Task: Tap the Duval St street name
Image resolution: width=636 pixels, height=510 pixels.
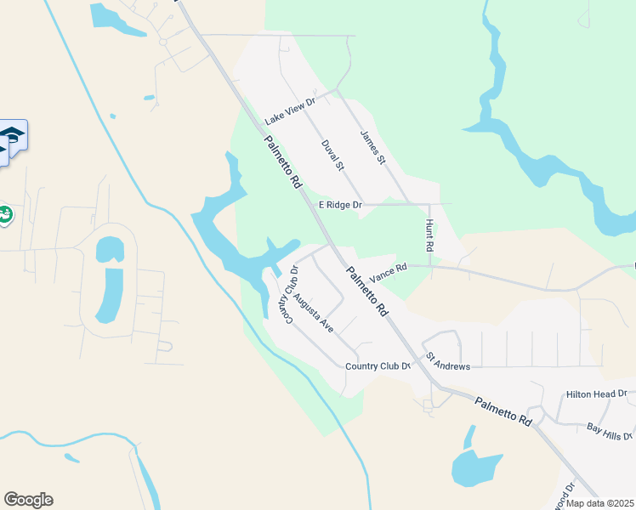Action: point(331,156)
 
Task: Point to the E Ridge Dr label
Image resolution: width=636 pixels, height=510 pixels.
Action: point(340,205)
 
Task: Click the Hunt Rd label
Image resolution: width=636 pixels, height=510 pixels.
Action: point(429,235)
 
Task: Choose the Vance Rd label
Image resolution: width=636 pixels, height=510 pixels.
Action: point(388,269)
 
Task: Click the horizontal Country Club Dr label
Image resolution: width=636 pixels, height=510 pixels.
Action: point(378,366)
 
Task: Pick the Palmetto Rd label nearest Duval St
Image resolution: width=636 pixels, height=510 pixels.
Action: point(283,162)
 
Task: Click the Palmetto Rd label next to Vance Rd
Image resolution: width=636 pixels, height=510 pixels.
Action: point(366,291)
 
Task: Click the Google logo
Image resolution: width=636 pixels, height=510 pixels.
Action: point(28,500)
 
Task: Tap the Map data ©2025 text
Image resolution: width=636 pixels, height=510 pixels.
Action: point(600,503)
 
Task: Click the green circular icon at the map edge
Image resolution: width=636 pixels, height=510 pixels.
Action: point(4,215)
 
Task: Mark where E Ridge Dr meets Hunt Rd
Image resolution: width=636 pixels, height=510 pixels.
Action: point(430,204)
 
